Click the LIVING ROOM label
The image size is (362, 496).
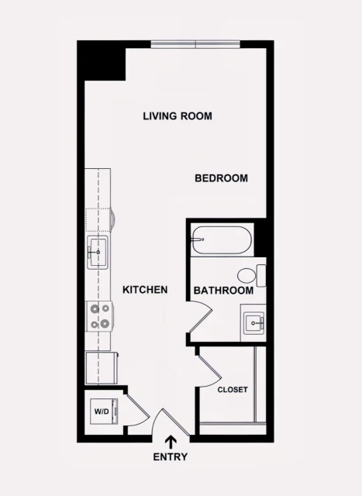[x=178, y=116]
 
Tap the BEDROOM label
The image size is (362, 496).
[x=221, y=178]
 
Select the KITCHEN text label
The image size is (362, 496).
[x=145, y=290]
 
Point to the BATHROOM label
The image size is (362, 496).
[x=223, y=291]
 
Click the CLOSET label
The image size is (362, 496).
[x=233, y=390]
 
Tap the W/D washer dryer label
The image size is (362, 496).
[x=100, y=411]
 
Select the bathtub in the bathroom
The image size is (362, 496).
[x=221, y=240]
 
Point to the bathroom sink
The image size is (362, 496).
[x=253, y=320]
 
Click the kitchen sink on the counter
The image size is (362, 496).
[x=98, y=253]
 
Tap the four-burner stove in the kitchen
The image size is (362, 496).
[x=99, y=316]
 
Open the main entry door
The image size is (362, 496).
[x=169, y=422]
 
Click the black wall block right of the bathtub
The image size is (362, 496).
[x=261, y=238]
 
